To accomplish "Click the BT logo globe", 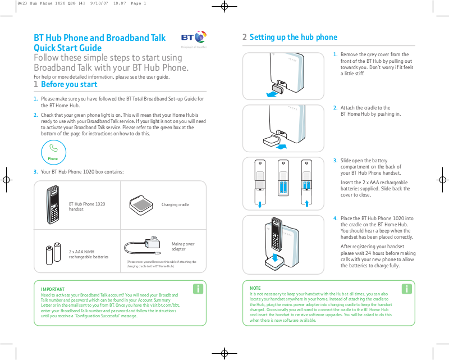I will (200, 38).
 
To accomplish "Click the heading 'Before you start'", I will (69, 84).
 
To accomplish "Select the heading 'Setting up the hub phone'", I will (293, 37).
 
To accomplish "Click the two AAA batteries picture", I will (53, 254).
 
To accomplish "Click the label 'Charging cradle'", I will (175, 205).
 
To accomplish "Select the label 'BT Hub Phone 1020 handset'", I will (86, 207).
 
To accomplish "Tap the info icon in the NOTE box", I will (407, 289).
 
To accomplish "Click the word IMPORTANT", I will (53, 289).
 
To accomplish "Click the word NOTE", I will (255, 288).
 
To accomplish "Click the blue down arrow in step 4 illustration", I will (274, 258).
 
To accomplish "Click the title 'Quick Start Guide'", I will (68, 48).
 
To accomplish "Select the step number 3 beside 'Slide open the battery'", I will (335, 161).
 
